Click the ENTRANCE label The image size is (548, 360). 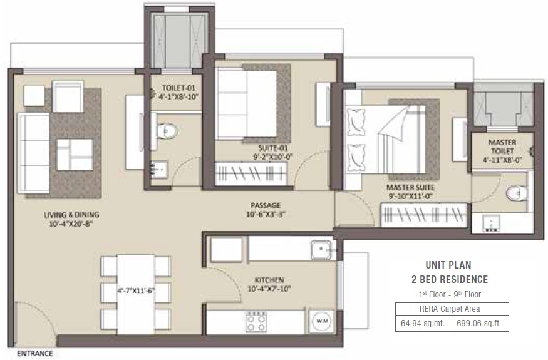pos(35,353)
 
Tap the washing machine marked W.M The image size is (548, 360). pos(321,321)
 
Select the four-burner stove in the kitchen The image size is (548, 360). pos(256,322)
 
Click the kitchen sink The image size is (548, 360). pos(321,250)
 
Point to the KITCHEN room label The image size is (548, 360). pos(269,280)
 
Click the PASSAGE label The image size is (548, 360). pos(266,205)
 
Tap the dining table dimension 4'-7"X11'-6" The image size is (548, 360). pos(136,291)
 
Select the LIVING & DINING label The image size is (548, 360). pos(71,215)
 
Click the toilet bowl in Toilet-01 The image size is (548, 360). pos(167,131)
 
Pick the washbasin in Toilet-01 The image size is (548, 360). pos(159,170)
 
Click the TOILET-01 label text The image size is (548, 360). pos(178,88)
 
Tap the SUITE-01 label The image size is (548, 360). pos(273,148)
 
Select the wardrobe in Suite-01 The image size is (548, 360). pos(251,173)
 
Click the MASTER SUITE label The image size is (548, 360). pos(410,187)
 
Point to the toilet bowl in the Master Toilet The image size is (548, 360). pos(517,193)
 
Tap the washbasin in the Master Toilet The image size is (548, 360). pos(491,224)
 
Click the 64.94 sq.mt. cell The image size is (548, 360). pos(423,323)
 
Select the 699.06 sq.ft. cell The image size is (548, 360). pos(479,323)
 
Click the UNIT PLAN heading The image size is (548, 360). pos(448,265)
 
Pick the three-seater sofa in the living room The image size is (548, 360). pos(34,153)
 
